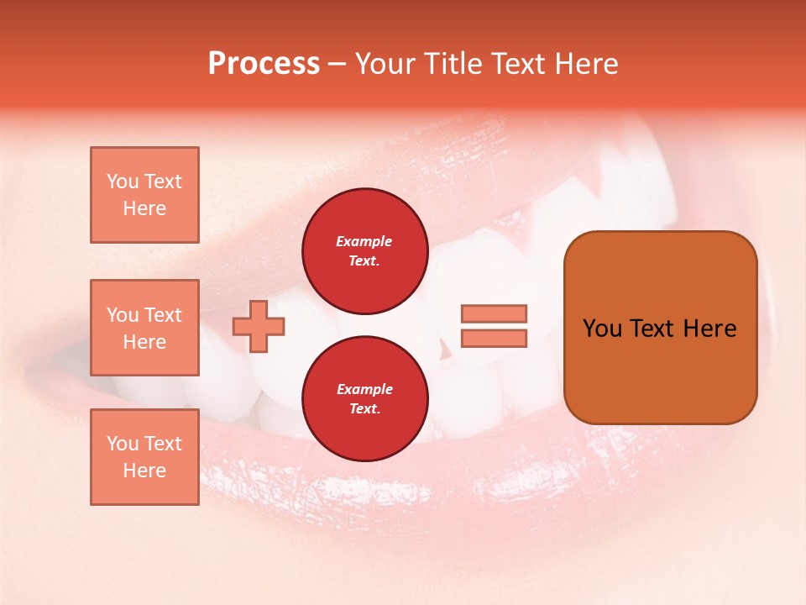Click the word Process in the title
[264, 64]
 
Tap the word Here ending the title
[584, 64]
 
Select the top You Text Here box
[144, 195]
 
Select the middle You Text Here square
[144, 328]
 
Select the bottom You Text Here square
[144, 457]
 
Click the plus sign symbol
[259, 326]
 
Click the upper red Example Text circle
[364, 251]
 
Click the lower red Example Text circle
[364, 399]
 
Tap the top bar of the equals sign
[494, 313]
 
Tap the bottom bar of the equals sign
[494, 339]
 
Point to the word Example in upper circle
[364, 241]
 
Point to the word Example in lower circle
[364, 389]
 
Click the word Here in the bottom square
[144, 471]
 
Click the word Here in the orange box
[710, 329]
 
